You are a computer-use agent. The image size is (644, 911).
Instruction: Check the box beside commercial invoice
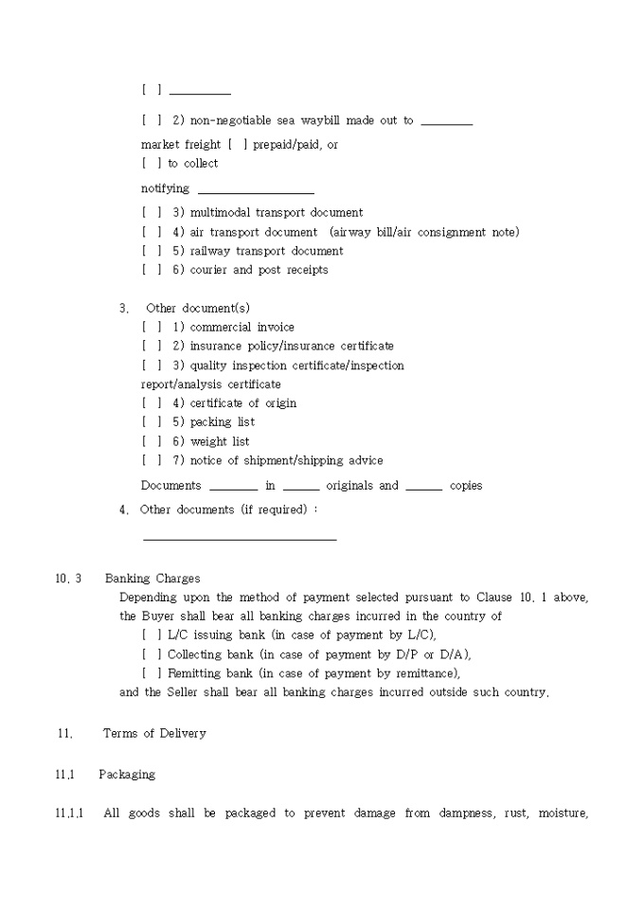click(x=152, y=328)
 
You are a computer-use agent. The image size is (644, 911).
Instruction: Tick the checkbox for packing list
click(x=152, y=422)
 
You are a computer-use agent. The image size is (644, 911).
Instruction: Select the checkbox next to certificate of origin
click(x=152, y=403)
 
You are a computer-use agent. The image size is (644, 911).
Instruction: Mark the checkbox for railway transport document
click(x=152, y=251)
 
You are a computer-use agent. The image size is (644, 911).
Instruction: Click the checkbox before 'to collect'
click(x=152, y=164)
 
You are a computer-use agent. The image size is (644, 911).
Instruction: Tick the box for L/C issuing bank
click(x=152, y=635)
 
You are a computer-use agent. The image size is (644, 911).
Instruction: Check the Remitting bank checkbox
click(x=152, y=673)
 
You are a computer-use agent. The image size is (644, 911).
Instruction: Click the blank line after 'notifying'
click(x=256, y=191)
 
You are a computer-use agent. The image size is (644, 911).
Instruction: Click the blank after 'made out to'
click(x=446, y=123)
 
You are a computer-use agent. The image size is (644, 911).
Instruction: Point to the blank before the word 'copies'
click(x=423, y=488)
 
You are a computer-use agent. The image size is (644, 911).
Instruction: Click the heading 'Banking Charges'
click(x=152, y=579)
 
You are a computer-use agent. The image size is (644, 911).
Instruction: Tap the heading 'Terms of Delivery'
click(x=154, y=733)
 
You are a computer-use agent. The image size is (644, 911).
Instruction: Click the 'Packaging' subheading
click(x=127, y=775)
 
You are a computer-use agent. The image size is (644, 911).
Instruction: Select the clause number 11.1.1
click(x=69, y=813)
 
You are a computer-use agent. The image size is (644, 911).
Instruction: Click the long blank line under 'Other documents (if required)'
click(x=240, y=538)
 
